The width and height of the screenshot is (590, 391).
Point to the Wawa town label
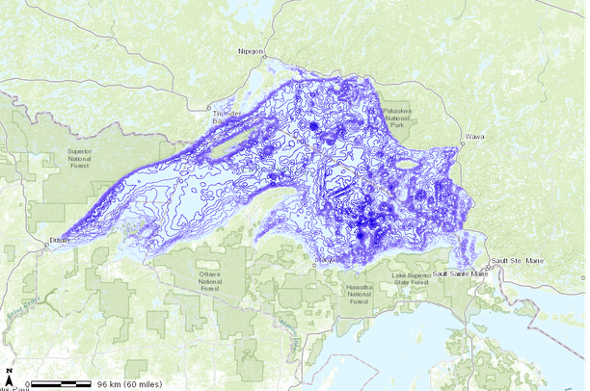click(474, 138)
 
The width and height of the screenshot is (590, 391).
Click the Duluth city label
click(60, 240)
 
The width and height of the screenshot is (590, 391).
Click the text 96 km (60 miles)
click(129, 384)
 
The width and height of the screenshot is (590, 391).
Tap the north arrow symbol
click(9, 375)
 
